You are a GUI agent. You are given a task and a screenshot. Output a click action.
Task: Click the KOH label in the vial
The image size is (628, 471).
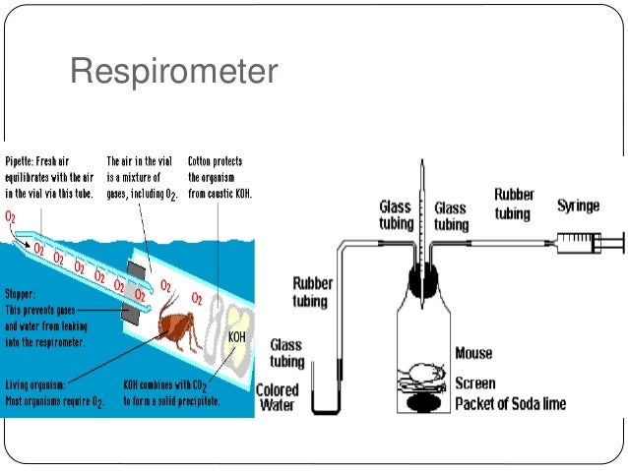coord(237,337)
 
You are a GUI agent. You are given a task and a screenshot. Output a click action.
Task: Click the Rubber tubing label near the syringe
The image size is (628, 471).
coord(515,204)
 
